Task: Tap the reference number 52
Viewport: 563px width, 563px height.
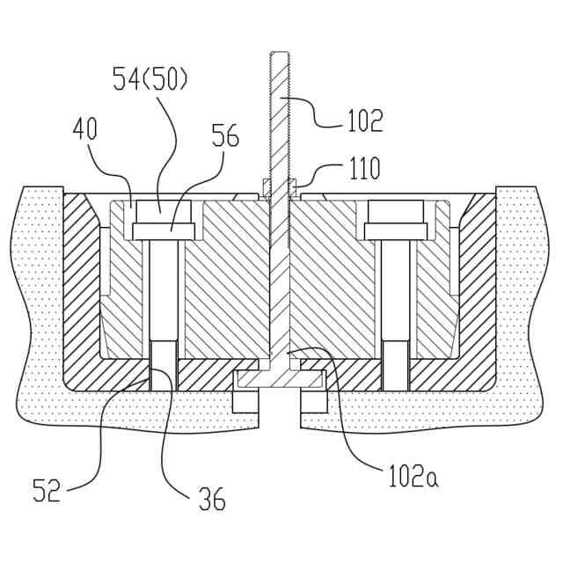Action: click(x=48, y=489)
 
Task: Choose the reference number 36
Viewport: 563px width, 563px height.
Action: click(x=212, y=500)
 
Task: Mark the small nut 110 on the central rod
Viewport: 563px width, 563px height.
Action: click(x=281, y=186)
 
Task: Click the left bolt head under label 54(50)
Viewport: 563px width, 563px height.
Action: click(x=161, y=212)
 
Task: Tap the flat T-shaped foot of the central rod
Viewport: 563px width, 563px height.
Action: click(x=281, y=378)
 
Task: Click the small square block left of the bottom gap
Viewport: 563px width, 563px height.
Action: click(x=245, y=401)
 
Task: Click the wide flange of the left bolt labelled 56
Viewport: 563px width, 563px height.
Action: click(x=161, y=231)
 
